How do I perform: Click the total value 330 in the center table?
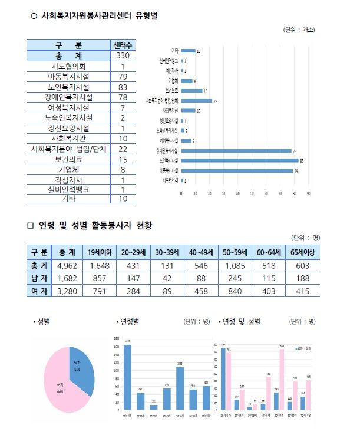[x=123, y=55]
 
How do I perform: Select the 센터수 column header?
[x=123, y=45]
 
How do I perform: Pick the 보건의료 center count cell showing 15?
[x=123, y=160]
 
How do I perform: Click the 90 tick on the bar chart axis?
[x=308, y=193]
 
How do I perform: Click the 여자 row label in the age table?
[x=38, y=291]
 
